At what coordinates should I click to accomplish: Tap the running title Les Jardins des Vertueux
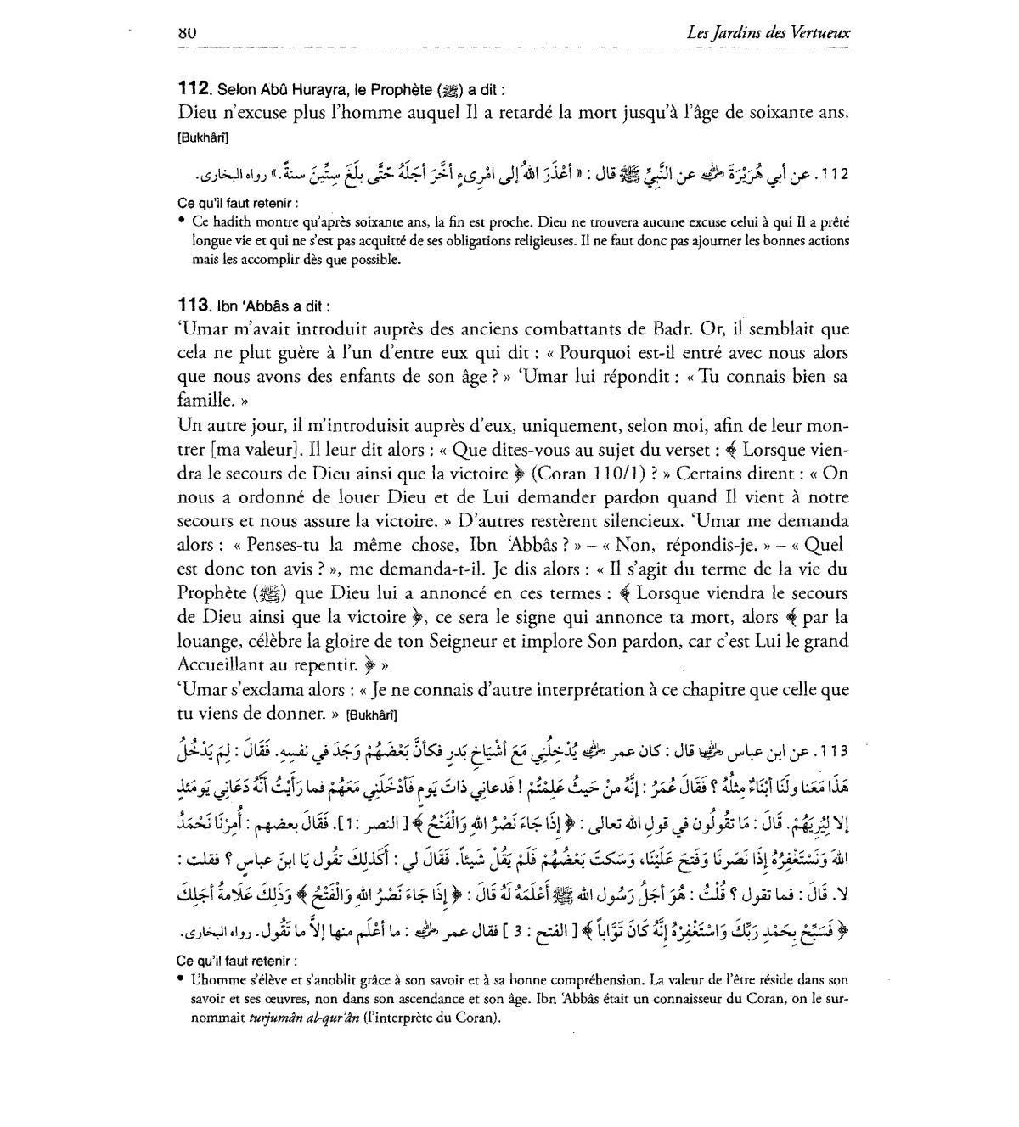[770, 33]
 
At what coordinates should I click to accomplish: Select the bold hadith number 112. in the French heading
[194, 88]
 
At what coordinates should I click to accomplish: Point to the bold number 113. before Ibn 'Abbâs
[194, 306]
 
